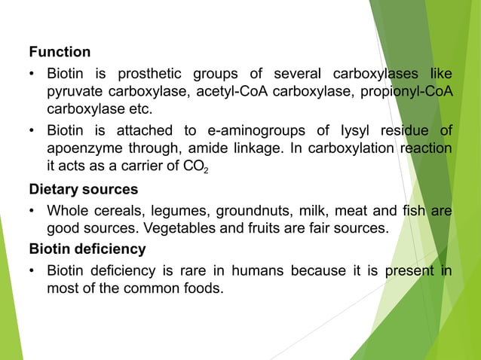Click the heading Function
pyautogui.click(x=60, y=52)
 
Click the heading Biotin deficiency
pyautogui.click(x=87, y=249)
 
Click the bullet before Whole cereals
pyautogui.click(x=33, y=211)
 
